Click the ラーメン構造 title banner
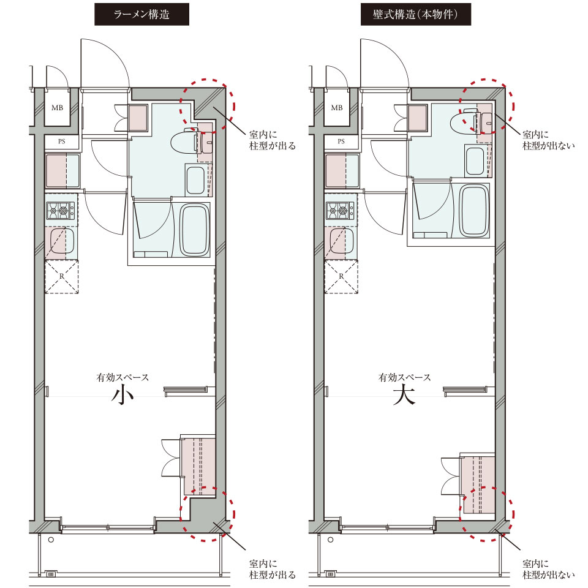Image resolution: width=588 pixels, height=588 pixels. click(141, 14)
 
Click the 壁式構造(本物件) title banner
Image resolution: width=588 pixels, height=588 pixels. click(415, 14)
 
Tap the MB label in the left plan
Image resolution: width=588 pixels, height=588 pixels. click(58, 108)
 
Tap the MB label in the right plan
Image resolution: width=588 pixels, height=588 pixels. click(337, 108)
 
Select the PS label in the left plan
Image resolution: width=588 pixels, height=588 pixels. click(61, 141)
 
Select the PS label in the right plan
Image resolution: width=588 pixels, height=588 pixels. click(341, 141)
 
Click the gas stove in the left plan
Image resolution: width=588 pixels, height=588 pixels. click(61, 211)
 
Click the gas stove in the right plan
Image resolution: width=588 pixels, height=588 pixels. click(340, 211)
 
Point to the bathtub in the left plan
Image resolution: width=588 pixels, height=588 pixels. click(195, 230)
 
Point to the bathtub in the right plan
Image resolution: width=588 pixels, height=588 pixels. click(474, 210)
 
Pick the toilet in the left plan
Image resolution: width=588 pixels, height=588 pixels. click(191, 141)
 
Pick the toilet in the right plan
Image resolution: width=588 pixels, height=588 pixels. click(470, 121)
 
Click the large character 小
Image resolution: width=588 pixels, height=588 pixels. click(123, 395)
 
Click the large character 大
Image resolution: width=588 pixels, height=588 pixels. click(404, 395)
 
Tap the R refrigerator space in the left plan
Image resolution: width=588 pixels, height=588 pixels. click(61, 276)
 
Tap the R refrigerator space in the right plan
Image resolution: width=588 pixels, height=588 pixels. click(341, 276)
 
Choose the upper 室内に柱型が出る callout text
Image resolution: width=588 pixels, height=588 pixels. click(273, 140)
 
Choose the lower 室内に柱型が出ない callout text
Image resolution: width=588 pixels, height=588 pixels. click(549, 569)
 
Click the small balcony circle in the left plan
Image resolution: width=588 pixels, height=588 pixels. click(51, 540)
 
